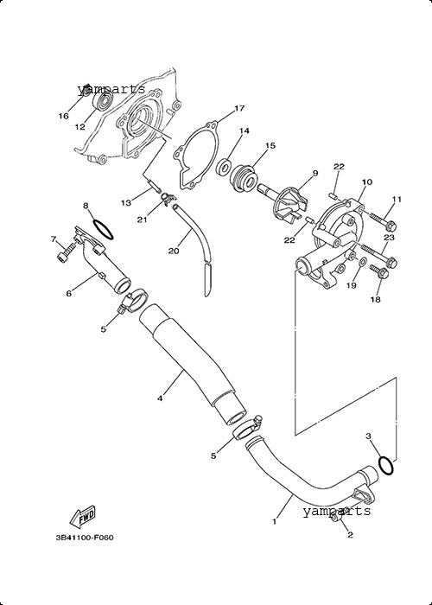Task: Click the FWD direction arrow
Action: [83, 516]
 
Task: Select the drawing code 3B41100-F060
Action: [85, 537]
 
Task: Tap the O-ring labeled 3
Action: [386, 465]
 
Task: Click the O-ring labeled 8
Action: [103, 230]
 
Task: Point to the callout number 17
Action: [239, 108]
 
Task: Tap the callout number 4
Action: [160, 398]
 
